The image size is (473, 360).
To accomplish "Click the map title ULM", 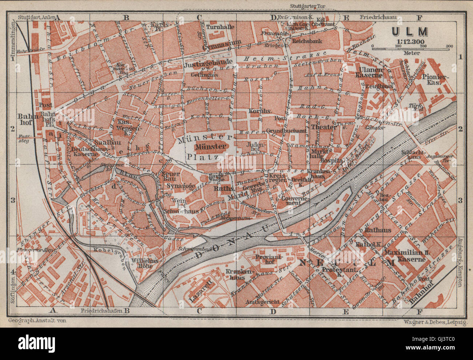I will click(410, 32).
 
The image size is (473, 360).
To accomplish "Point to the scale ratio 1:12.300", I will click(410, 41).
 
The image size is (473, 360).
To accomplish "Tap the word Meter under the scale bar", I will click(412, 53).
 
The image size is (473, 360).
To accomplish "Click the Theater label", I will click(324, 127).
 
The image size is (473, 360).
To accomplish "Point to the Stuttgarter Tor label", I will click(308, 5).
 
